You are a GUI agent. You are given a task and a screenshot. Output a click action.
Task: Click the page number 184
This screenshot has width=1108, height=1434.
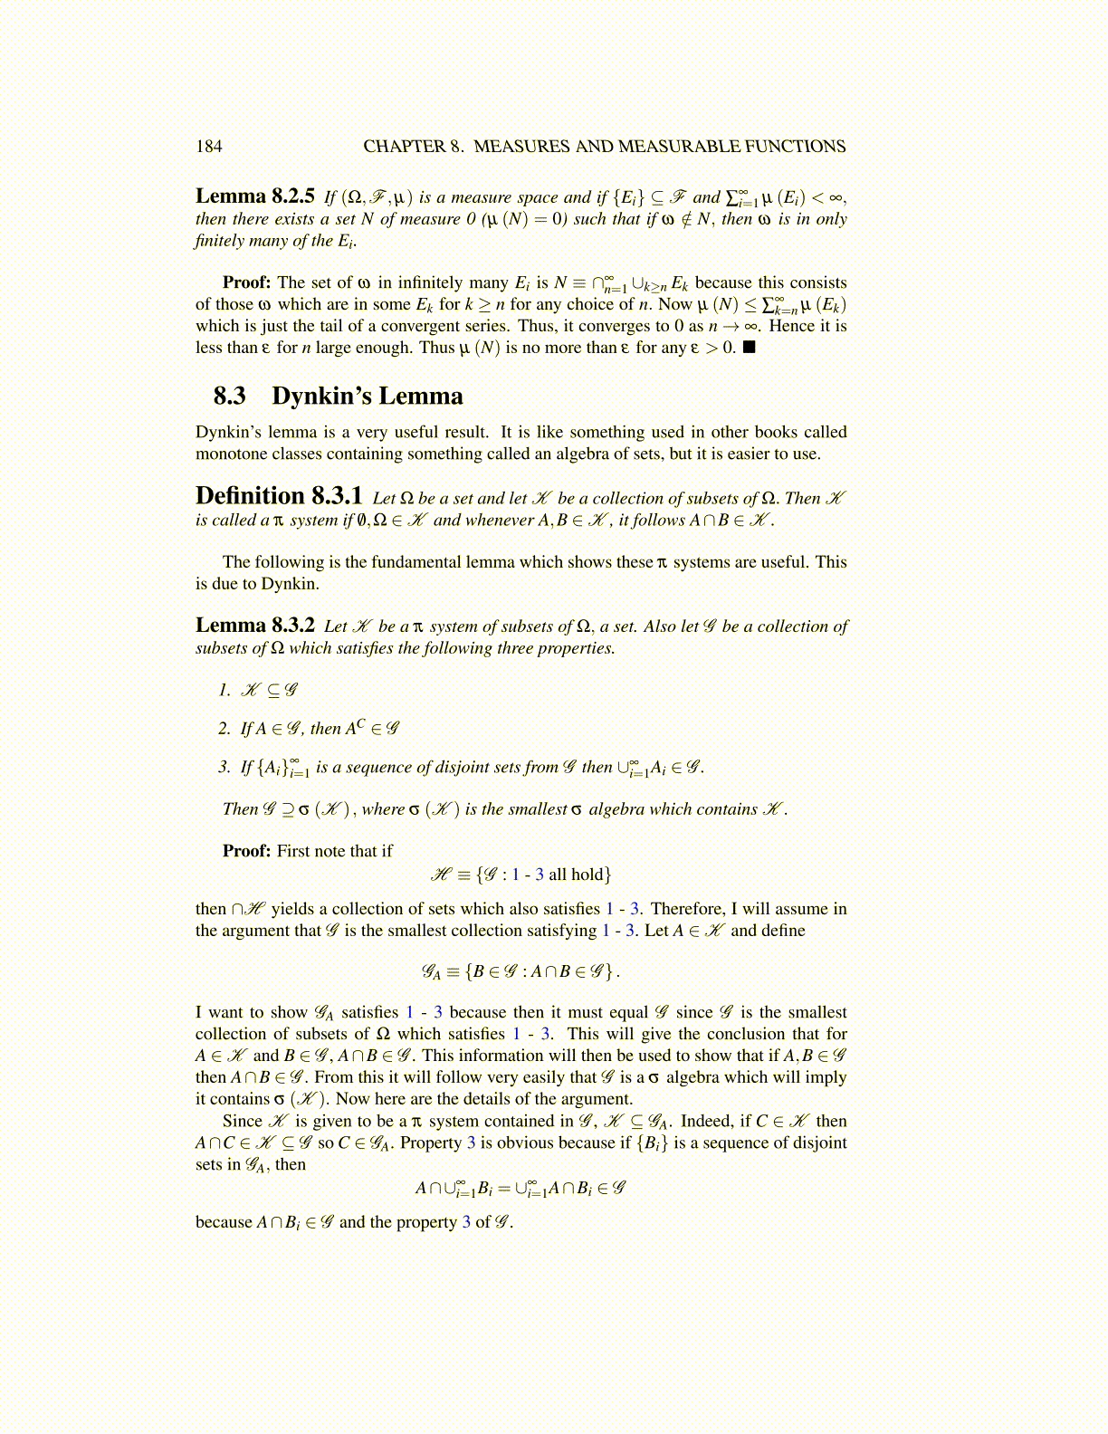click(x=208, y=147)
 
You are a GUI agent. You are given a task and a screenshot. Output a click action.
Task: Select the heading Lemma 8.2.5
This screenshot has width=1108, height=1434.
click(x=254, y=196)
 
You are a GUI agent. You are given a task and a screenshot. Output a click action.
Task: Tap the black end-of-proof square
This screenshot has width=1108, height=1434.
click(x=749, y=348)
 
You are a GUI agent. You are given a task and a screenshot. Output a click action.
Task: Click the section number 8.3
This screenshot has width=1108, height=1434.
click(x=229, y=397)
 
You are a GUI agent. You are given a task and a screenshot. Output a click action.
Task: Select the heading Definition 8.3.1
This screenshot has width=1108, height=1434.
click(x=279, y=497)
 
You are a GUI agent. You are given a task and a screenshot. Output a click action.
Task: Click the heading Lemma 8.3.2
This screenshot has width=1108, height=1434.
click(x=254, y=626)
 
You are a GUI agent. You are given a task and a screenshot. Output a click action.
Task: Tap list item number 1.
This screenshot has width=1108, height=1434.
click(x=224, y=690)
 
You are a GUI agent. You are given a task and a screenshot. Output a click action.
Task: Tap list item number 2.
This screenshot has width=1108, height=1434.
click(x=224, y=729)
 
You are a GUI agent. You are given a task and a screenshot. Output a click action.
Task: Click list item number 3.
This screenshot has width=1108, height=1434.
click(x=224, y=768)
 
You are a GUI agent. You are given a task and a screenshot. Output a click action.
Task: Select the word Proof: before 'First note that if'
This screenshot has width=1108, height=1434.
click(x=246, y=851)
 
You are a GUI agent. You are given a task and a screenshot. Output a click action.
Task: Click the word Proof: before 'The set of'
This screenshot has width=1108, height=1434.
click(x=246, y=282)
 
